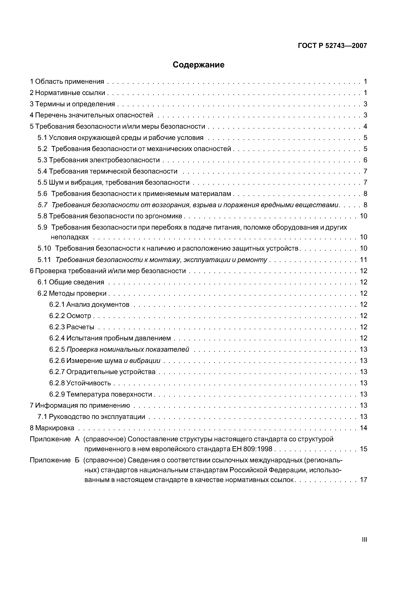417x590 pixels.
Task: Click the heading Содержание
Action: click(x=198, y=65)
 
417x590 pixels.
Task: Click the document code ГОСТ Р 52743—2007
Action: click(x=332, y=46)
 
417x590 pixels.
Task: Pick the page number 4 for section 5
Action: click(x=365, y=126)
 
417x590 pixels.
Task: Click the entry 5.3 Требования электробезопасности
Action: click(x=99, y=160)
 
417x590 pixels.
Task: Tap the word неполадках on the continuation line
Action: click(x=70, y=237)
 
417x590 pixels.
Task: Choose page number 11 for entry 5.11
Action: click(x=364, y=260)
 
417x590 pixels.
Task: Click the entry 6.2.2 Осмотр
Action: click(x=70, y=316)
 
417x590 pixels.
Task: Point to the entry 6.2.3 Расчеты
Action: click(x=72, y=327)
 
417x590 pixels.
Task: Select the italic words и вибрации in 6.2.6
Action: click(x=142, y=361)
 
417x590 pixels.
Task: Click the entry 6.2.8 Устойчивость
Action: click(x=80, y=383)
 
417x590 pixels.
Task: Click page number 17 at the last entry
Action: click(x=364, y=480)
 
